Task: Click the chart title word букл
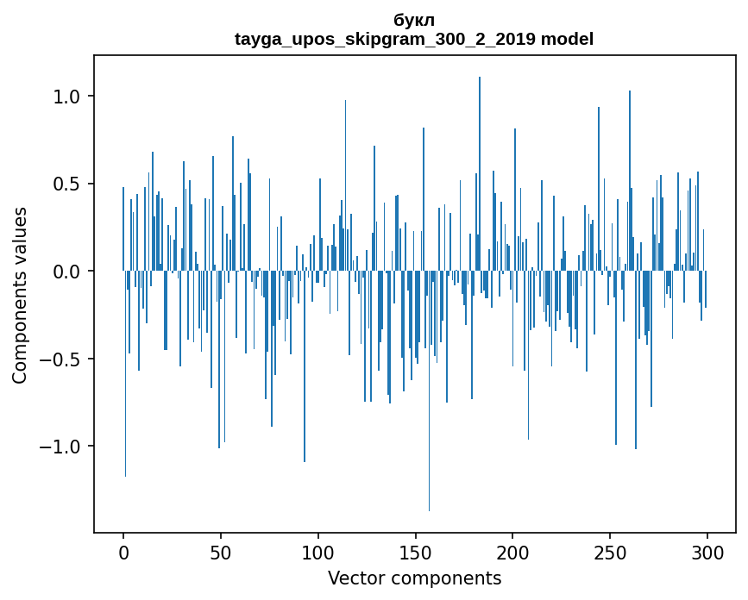click(414, 20)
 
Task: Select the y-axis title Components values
click(20, 295)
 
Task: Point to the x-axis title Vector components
click(414, 578)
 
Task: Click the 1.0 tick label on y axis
click(67, 97)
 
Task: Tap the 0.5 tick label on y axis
click(67, 184)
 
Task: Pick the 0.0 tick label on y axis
click(67, 272)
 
